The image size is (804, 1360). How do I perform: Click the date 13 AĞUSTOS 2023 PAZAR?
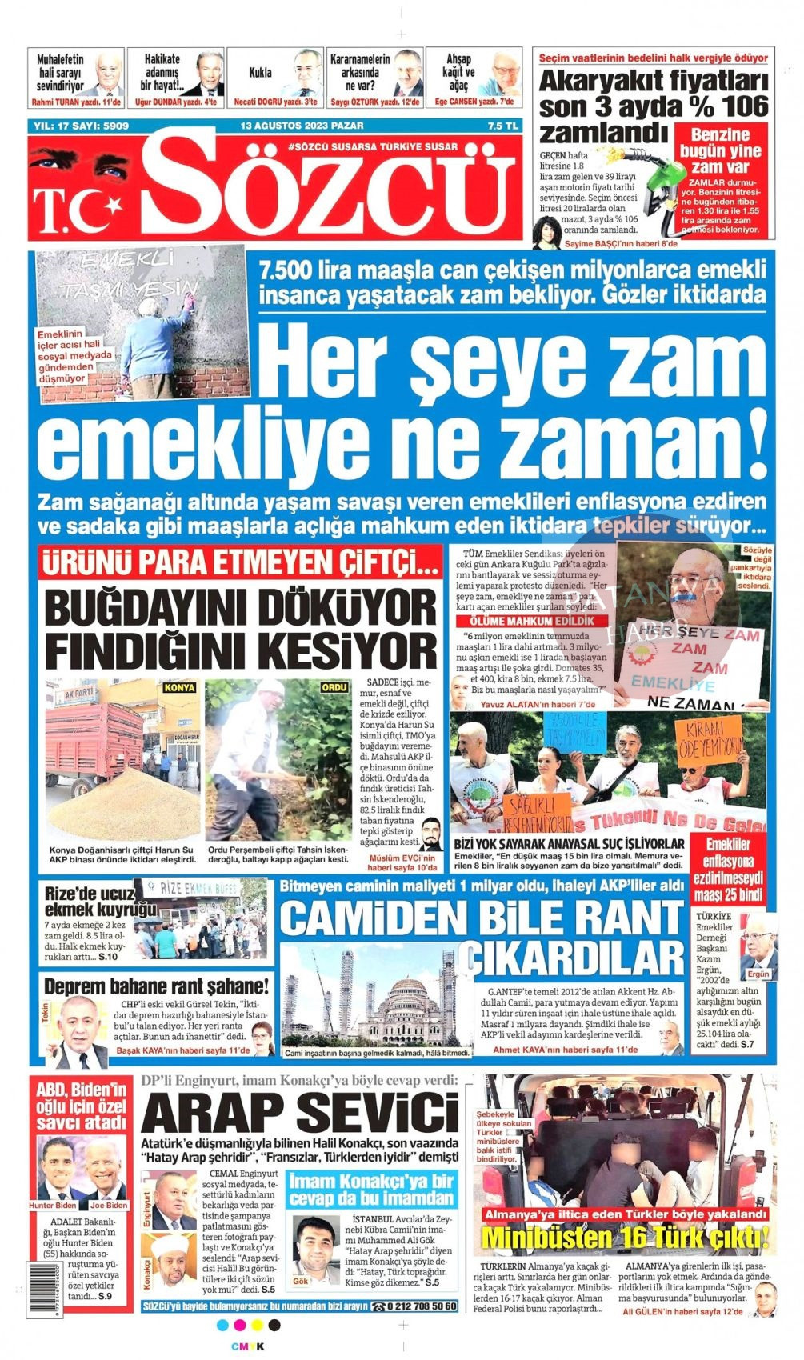[302, 126]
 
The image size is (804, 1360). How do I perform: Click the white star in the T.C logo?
[112, 206]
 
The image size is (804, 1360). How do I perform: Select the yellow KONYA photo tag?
[179, 687]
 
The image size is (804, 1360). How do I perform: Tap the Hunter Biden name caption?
[53, 1205]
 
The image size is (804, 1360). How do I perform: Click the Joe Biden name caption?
[108, 1205]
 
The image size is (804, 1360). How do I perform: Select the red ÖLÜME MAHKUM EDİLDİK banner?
[531, 621]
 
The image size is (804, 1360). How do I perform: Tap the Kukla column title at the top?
[260, 72]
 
